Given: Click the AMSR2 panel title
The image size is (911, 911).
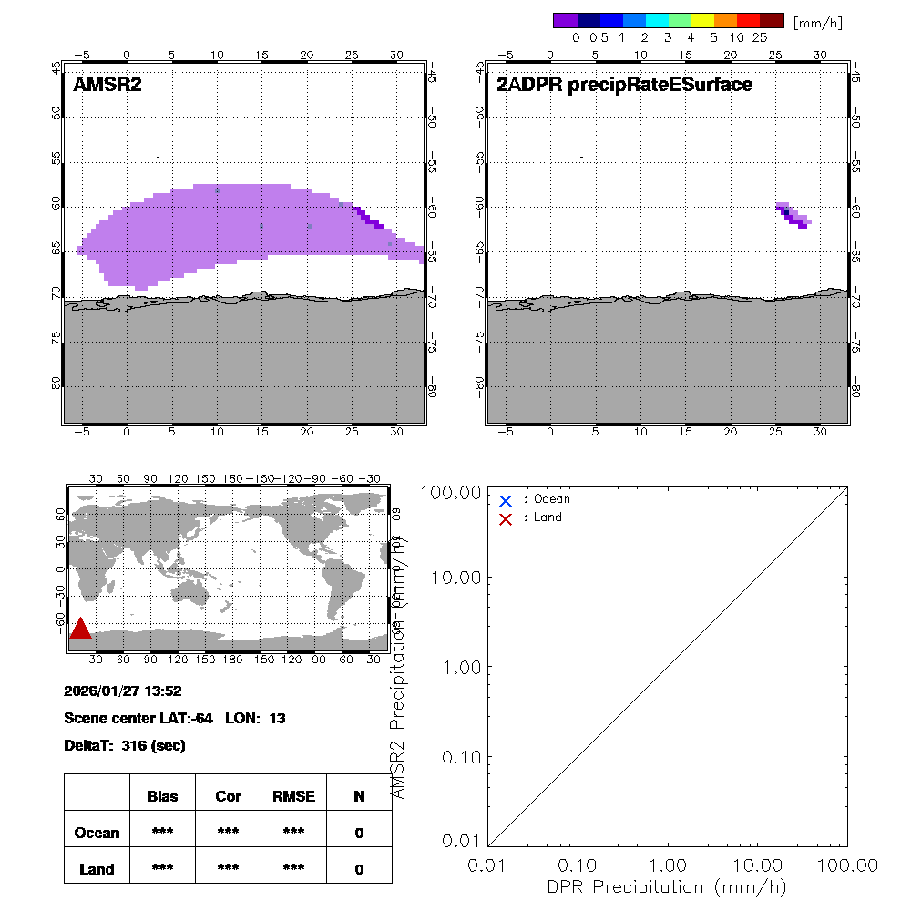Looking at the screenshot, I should [x=107, y=86].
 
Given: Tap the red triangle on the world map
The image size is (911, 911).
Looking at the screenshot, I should [x=80, y=629].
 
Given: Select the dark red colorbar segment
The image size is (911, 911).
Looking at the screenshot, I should [x=772, y=20].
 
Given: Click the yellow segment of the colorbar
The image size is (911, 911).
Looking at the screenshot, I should [x=702, y=20].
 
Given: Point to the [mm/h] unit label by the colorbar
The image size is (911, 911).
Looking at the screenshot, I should [x=818, y=22].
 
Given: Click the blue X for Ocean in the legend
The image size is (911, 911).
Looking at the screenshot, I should [x=506, y=500].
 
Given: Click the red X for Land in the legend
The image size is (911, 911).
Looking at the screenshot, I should [x=506, y=518].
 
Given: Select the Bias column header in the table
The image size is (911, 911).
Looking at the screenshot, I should [x=162, y=796].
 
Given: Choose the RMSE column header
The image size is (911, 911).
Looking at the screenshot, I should [x=293, y=796].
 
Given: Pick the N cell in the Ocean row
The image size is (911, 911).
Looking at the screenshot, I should [x=359, y=833].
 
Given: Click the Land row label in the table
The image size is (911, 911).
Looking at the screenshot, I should [x=97, y=869].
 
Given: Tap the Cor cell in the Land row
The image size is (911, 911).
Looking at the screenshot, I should [x=228, y=869].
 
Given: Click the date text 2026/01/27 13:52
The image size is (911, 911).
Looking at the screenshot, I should [x=124, y=691].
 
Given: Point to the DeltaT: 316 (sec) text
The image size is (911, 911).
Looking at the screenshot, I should [x=125, y=746].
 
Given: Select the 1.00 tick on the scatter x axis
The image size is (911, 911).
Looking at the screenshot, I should [x=669, y=864].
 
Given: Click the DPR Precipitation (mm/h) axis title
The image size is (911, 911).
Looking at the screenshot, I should [x=668, y=886].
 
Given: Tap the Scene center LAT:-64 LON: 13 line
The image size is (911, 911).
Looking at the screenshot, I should [x=175, y=719].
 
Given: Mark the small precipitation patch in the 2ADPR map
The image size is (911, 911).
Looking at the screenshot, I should [x=793, y=215].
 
